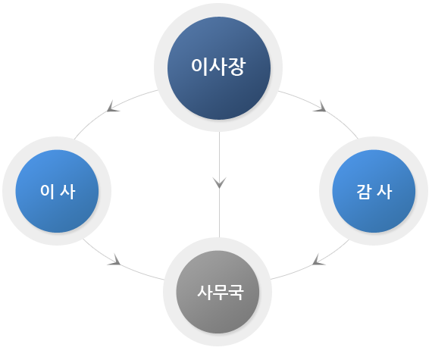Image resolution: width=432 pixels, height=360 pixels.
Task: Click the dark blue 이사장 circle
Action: tap(219, 68)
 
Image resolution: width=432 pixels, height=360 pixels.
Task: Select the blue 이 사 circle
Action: tap(57, 191)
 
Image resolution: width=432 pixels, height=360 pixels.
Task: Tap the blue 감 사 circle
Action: tap(374, 191)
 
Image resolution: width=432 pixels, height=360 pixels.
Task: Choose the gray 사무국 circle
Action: tap(218, 292)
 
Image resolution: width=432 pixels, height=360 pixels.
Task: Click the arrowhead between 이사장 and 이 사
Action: tap(113, 107)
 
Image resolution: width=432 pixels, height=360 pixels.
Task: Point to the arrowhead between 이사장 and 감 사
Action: tap(320, 107)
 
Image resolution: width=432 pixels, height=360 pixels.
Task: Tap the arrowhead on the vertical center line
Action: tap(220, 183)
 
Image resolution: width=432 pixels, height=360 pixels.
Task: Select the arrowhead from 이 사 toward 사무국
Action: tap(114, 260)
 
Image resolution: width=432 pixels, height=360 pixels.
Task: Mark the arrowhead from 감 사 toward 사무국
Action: tap(319, 260)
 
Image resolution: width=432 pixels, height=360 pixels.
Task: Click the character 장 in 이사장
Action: tap(236, 67)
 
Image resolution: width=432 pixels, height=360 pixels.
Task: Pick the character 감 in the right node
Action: tap(363, 192)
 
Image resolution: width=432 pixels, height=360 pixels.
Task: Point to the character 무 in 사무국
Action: tap(221, 293)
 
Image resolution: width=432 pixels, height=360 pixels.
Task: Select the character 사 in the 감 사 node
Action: tap(384, 192)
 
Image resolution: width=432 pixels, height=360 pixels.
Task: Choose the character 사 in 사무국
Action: tap(205, 293)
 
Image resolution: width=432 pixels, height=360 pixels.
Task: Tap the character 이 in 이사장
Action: tap(199, 67)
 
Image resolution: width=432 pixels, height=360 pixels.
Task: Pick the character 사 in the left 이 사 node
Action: tap(67, 191)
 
